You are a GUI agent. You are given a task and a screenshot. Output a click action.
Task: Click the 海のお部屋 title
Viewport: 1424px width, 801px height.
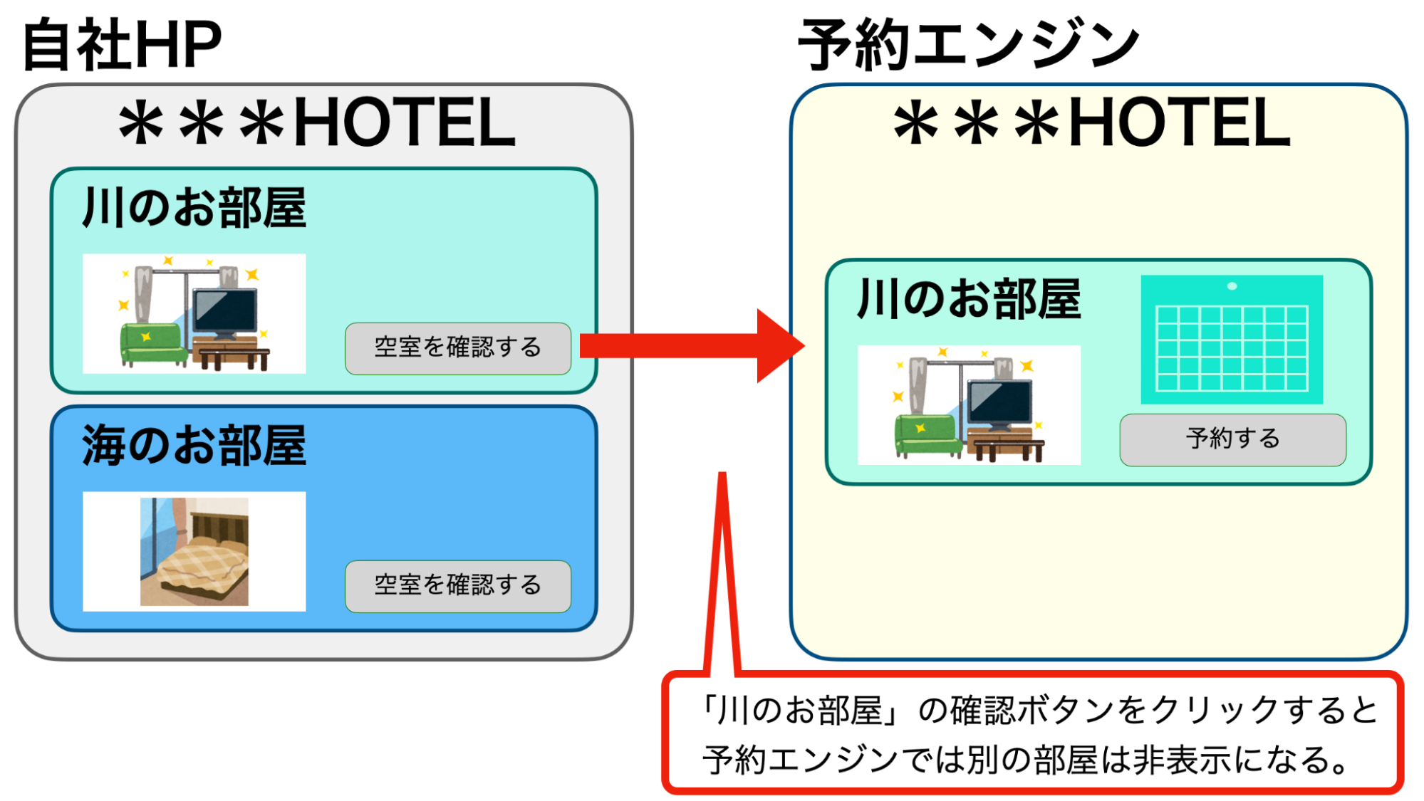pos(194,445)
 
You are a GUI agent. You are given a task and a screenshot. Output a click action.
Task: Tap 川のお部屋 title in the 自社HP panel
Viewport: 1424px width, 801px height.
pos(194,208)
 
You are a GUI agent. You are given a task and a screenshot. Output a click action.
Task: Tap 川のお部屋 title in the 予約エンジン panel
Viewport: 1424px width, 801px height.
pos(969,299)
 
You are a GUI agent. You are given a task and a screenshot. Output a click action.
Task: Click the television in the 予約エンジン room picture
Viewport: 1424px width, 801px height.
pos(1000,404)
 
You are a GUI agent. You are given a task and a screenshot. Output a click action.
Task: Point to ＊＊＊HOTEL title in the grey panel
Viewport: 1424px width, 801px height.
pos(317,123)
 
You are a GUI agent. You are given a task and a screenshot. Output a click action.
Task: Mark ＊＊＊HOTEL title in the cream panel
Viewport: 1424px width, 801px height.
pos(1092,123)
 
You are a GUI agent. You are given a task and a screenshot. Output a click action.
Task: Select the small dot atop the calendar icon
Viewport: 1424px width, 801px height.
pos(1232,286)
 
